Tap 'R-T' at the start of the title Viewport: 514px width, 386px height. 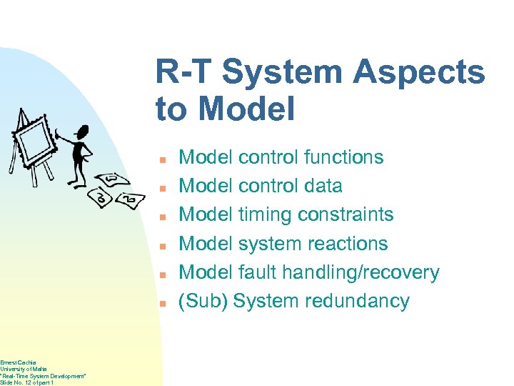pyautogui.click(x=184, y=72)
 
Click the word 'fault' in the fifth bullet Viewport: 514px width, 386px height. pyautogui.click(x=256, y=272)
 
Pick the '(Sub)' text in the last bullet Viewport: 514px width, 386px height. pyautogui.click(x=203, y=301)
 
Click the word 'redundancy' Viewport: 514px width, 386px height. pyautogui.click(x=357, y=301)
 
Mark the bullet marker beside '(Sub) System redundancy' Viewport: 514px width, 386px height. pyautogui.click(x=163, y=303)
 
